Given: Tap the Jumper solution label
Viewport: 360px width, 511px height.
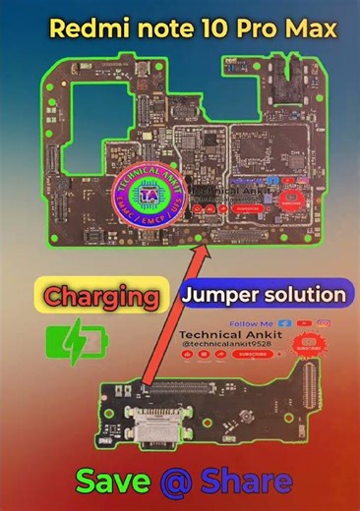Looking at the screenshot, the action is click(265, 294).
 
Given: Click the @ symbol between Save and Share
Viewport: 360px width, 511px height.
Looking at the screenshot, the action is click(175, 482).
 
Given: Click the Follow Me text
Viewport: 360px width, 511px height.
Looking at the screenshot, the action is click(248, 323).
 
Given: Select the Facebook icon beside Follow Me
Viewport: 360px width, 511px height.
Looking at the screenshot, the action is click(284, 322).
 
